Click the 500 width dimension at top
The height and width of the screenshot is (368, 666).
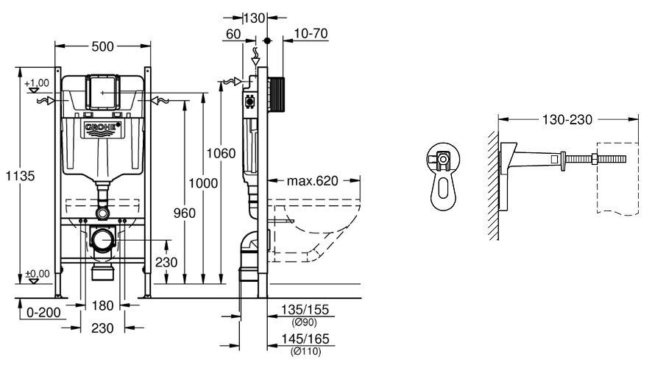[x=103, y=46]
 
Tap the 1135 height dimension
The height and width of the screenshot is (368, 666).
[x=18, y=177]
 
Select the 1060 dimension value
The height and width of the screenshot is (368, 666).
[x=222, y=153]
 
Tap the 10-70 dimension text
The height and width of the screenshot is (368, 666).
[x=310, y=35]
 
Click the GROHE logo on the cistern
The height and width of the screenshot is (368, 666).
[x=102, y=130]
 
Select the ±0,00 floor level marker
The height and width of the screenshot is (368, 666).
[x=36, y=274]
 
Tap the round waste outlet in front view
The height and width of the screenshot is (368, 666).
[x=103, y=240]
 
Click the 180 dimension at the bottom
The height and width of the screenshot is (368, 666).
[x=102, y=306]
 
